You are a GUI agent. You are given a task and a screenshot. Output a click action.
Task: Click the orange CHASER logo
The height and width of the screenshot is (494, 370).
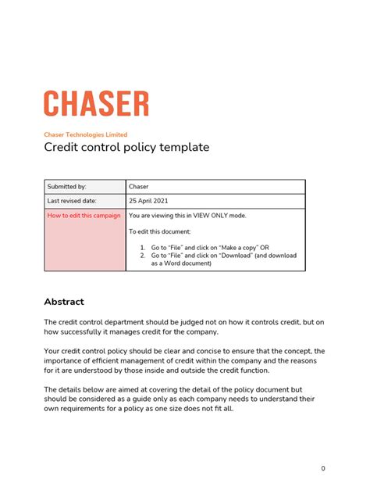click(x=96, y=104)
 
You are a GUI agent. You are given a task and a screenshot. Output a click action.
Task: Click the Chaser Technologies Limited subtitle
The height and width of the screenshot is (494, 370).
click(x=85, y=134)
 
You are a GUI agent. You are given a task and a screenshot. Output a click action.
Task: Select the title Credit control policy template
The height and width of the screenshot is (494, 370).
click(x=126, y=147)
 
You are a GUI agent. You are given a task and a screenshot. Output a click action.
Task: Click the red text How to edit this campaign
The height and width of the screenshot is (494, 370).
click(x=84, y=216)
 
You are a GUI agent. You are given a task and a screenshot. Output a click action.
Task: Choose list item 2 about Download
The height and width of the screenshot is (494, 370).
click(x=222, y=256)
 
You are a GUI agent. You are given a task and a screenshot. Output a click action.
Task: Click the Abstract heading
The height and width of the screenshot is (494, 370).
click(x=64, y=302)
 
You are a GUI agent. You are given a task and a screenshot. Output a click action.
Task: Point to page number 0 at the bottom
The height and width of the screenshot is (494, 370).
click(x=322, y=468)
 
